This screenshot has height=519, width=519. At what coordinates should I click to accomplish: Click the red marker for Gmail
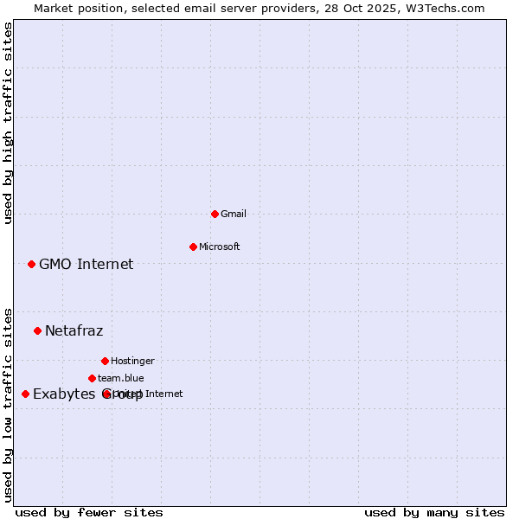215,214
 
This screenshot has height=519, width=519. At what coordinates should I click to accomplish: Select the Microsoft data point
193,247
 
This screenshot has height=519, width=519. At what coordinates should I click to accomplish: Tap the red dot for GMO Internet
31,264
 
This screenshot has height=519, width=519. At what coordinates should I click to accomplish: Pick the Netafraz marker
37,330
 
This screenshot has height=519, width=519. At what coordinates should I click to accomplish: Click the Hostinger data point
105,361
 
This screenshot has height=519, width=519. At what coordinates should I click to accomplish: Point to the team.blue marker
92,378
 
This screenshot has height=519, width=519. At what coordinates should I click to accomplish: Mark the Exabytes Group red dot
25,394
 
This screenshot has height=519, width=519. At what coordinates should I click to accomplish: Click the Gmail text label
234,214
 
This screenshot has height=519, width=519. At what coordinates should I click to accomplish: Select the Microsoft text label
219,247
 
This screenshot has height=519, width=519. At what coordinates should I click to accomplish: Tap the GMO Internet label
86,264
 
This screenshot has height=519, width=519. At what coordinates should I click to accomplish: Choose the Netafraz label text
74,330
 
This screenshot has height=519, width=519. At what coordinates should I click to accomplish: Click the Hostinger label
132,361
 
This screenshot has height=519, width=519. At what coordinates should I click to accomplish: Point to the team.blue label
120,378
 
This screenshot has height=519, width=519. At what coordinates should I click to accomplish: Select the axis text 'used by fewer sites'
89,512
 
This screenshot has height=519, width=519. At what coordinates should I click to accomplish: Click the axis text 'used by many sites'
434,512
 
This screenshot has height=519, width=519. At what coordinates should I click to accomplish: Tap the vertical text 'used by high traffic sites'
8,123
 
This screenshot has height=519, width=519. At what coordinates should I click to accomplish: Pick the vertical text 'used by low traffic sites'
8,405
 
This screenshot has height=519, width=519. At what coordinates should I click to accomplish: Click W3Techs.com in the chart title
447,8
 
